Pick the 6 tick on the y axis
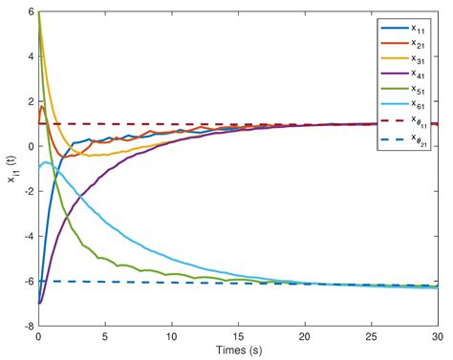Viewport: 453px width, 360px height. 30,12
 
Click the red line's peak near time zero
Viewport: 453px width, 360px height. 41,107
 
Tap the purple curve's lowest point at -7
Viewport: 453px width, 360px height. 39,303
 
